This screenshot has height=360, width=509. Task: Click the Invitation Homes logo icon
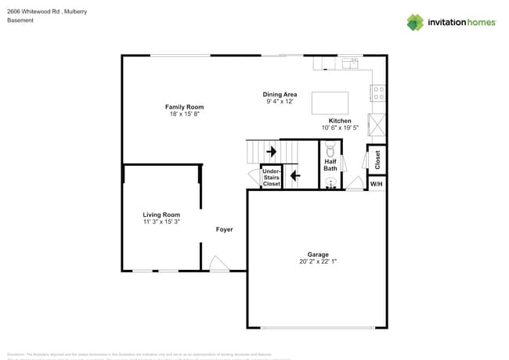[x=415, y=22]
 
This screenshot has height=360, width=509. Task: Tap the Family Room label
[x=184, y=106]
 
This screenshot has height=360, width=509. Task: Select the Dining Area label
[x=280, y=94]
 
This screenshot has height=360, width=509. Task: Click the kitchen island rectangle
[x=330, y=103]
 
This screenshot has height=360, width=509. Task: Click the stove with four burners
[x=378, y=93]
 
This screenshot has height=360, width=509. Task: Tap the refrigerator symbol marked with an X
[x=377, y=124]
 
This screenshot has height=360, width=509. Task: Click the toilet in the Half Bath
[x=330, y=149]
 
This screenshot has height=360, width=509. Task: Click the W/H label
[x=377, y=184]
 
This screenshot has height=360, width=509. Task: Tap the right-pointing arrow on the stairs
[x=271, y=151]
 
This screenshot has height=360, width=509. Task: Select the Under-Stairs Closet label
[x=271, y=177]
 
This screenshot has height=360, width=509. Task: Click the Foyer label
[x=225, y=229]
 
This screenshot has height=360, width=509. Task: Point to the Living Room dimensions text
[x=161, y=222]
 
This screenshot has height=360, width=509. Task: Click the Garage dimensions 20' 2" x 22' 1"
[x=317, y=261]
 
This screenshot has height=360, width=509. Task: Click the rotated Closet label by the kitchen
[x=377, y=160]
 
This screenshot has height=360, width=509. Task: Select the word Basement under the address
[x=20, y=20]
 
